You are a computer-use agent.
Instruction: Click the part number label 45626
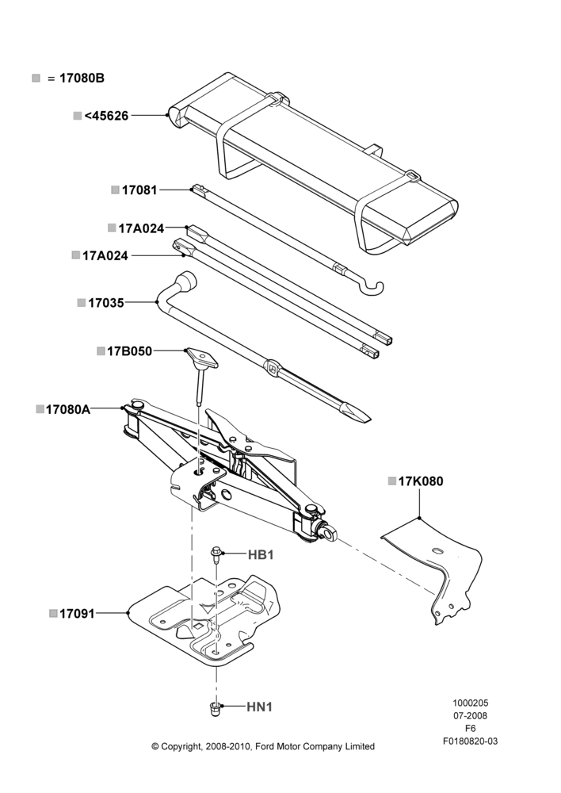tap(106, 116)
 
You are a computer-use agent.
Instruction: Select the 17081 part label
tap(139, 190)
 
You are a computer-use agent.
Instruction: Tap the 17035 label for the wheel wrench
tap(105, 303)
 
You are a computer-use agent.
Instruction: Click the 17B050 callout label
tap(129, 351)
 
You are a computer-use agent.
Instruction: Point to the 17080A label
tap(67, 409)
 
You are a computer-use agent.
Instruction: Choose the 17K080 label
tap(421, 481)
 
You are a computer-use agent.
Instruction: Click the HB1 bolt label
tap(261, 555)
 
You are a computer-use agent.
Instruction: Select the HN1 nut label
tap(260, 707)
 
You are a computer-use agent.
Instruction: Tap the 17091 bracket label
tap(77, 614)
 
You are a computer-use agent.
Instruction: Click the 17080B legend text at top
tap(82, 79)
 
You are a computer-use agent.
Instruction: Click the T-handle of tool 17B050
tap(201, 358)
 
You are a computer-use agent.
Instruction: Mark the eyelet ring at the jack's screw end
tap(328, 531)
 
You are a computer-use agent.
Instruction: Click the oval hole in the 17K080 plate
tap(437, 550)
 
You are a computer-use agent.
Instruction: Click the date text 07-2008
tap(470, 715)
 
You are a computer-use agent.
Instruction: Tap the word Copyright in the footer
tap(181, 746)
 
